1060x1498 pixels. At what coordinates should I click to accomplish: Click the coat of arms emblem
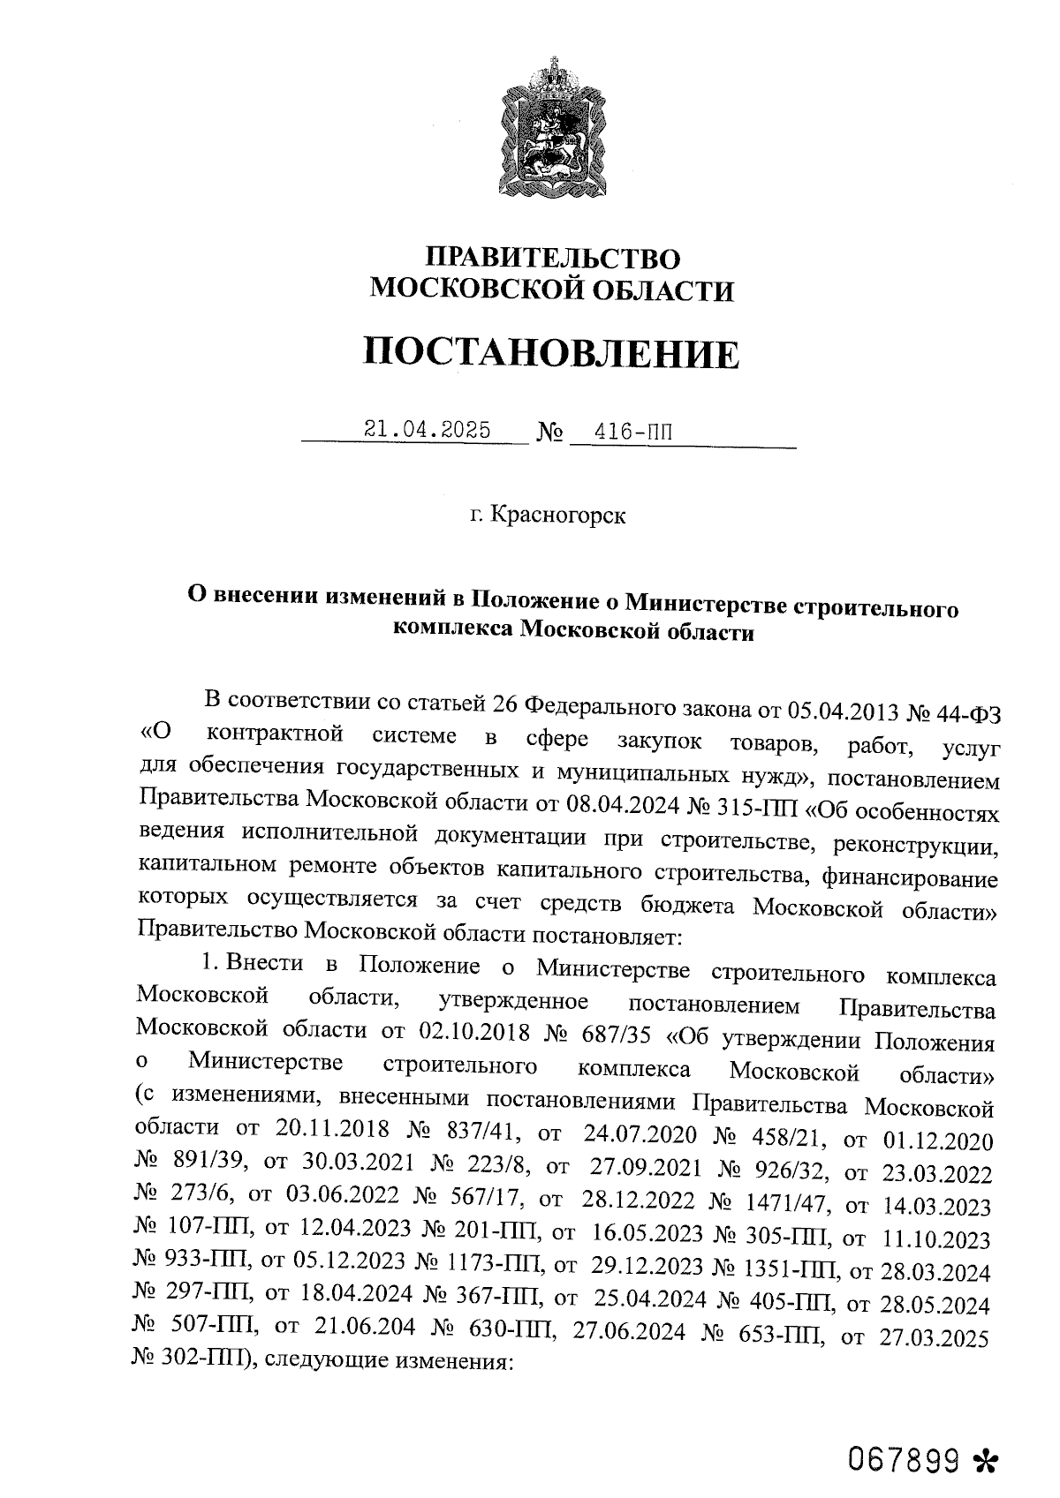(554, 128)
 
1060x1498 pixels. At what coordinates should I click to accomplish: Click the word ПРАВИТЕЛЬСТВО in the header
(554, 258)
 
